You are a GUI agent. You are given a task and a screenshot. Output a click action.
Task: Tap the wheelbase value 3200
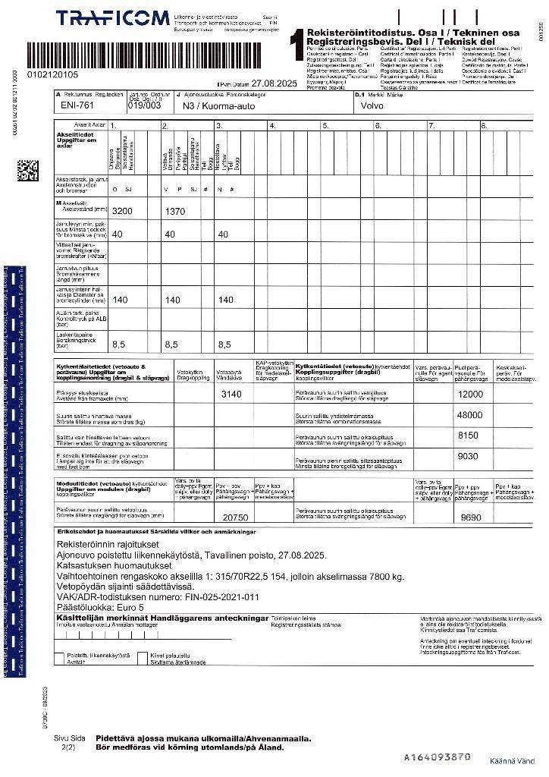pyautogui.click(x=122, y=211)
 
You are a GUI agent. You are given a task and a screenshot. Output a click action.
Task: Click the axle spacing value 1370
pyautogui.click(x=175, y=211)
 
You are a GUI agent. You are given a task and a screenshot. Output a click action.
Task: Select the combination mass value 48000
pyautogui.click(x=469, y=415)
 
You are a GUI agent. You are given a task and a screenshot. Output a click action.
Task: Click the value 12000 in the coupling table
pyautogui.click(x=470, y=395)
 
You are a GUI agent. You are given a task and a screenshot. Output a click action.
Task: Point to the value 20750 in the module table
pyautogui.click(x=235, y=517)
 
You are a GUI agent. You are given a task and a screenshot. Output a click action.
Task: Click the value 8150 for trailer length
pyautogui.click(x=469, y=436)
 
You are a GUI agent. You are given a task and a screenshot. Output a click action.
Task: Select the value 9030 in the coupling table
pyautogui.click(x=469, y=456)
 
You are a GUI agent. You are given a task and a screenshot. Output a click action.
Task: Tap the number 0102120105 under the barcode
pyautogui.click(x=52, y=74)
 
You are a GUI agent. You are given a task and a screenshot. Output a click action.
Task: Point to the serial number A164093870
pyautogui.click(x=438, y=757)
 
